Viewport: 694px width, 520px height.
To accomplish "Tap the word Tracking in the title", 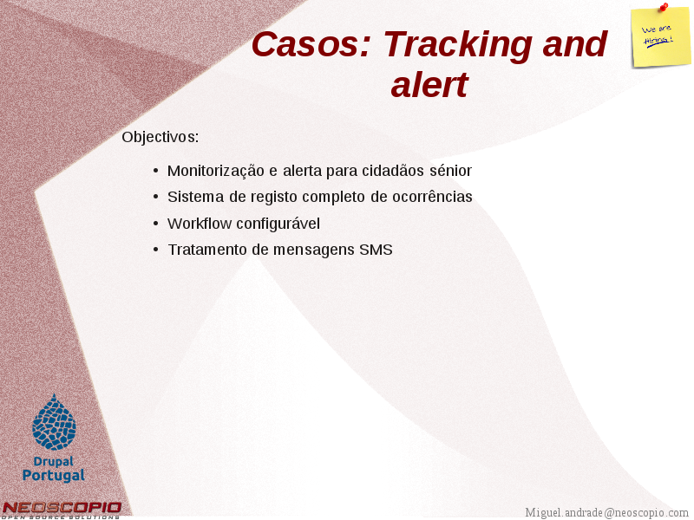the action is pyautogui.click(x=458, y=46).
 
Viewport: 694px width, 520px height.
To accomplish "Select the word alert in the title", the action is pyautogui.click(x=429, y=84).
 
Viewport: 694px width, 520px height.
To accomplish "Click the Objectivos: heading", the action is pyautogui.click(x=160, y=138).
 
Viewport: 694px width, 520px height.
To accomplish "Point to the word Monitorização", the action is pyautogui.click(x=215, y=171).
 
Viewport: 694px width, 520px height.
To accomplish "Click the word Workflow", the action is pyautogui.click(x=200, y=224).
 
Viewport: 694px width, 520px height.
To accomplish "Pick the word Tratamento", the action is pyautogui.click(x=207, y=250).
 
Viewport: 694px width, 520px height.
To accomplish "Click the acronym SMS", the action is pyautogui.click(x=376, y=250).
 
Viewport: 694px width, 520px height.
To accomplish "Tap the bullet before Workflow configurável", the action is pyautogui.click(x=155, y=224).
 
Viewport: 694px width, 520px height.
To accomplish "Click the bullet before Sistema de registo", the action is pyautogui.click(x=155, y=197).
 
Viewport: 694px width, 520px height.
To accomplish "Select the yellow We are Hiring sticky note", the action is pyautogui.click(x=660, y=37).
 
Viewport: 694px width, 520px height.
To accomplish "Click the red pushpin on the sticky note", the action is pyautogui.click(x=664, y=7).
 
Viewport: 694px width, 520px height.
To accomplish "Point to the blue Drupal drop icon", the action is pyautogui.click(x=54, y=422).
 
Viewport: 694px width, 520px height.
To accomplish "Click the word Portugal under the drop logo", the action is pyautogui.click(x=54, y=476).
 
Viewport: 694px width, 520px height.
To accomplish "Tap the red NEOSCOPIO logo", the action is pyautogui.click(x=62, y=510).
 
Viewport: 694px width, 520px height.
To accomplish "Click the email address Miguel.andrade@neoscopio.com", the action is pyautogui.click(x=606, y=513).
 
